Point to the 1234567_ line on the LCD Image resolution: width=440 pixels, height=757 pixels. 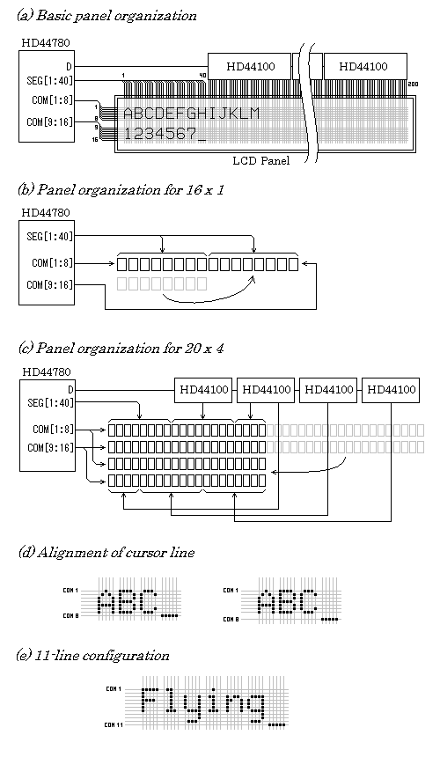click(x=165, y=134)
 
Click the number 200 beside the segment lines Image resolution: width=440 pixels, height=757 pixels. click(x=414, y=84)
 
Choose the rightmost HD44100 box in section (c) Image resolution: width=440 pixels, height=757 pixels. click(x=392, y=388)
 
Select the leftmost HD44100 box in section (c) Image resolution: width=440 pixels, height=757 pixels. click(x=204, y=388)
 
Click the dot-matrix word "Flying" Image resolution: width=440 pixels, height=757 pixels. click(x=204, y=703)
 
